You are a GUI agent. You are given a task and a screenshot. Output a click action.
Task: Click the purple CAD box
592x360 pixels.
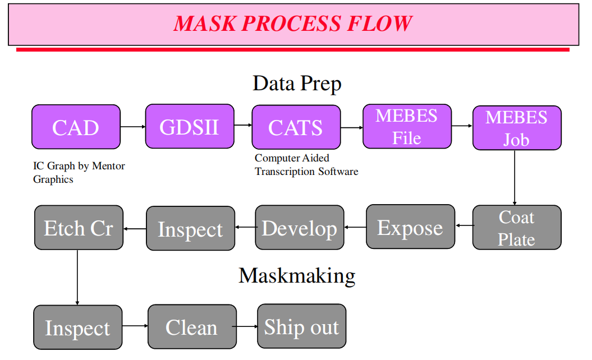[76, 127]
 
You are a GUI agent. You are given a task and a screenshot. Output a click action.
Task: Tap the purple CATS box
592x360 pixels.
[296, 127]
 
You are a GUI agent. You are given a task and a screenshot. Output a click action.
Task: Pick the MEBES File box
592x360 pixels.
[406, 126]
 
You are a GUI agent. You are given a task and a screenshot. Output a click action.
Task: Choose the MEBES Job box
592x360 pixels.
[516, 128]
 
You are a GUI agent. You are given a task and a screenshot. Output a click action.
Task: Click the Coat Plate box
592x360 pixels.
[516, 228]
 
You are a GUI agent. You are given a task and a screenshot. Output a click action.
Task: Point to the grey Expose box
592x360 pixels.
[410, 227]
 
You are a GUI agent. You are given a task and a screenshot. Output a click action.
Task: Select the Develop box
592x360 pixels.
[299, 228]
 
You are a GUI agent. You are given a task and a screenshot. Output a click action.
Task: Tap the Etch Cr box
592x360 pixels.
[79, 228]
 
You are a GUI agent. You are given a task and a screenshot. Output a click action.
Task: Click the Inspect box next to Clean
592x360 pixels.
[77, 327]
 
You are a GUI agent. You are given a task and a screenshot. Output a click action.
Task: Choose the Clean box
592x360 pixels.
[191, 326]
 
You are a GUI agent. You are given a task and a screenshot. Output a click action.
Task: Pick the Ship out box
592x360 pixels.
[301, 326]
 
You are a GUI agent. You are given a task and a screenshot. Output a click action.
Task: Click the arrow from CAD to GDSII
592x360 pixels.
[132, 127]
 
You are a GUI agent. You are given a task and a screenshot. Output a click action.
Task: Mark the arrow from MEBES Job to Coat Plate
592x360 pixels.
[515, 178]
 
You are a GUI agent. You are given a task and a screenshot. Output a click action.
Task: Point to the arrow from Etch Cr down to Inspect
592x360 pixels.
[77, 278]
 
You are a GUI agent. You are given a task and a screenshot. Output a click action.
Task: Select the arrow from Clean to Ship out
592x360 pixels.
[246, 326]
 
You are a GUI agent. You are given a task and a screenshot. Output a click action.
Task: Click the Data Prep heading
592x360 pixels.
[297, 84]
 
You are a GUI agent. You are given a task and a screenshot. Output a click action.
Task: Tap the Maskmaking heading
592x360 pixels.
[297, 275]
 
